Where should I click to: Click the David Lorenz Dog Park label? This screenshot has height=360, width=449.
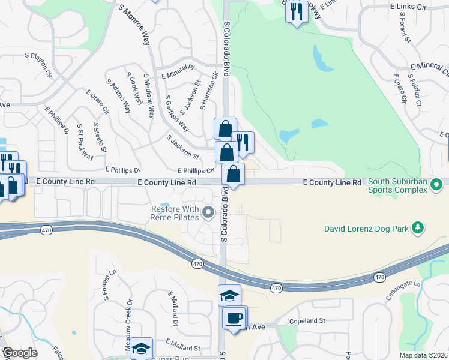(x=367, y=228)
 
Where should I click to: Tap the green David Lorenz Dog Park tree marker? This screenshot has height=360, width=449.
(x=419, y=228)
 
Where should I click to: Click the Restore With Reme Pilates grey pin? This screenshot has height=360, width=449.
(x=208, y=212)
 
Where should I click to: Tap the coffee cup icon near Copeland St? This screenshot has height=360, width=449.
(x=234, y=317)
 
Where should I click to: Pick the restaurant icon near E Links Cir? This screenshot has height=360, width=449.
(x=296, y=11)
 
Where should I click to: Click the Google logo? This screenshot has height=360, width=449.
(x=19, y=352)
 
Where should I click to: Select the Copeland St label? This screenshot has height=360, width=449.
(x=306, y=321)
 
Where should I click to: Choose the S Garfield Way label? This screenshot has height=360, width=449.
(x=177, y=113)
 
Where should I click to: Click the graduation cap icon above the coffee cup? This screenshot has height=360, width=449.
(x=229, y=295)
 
